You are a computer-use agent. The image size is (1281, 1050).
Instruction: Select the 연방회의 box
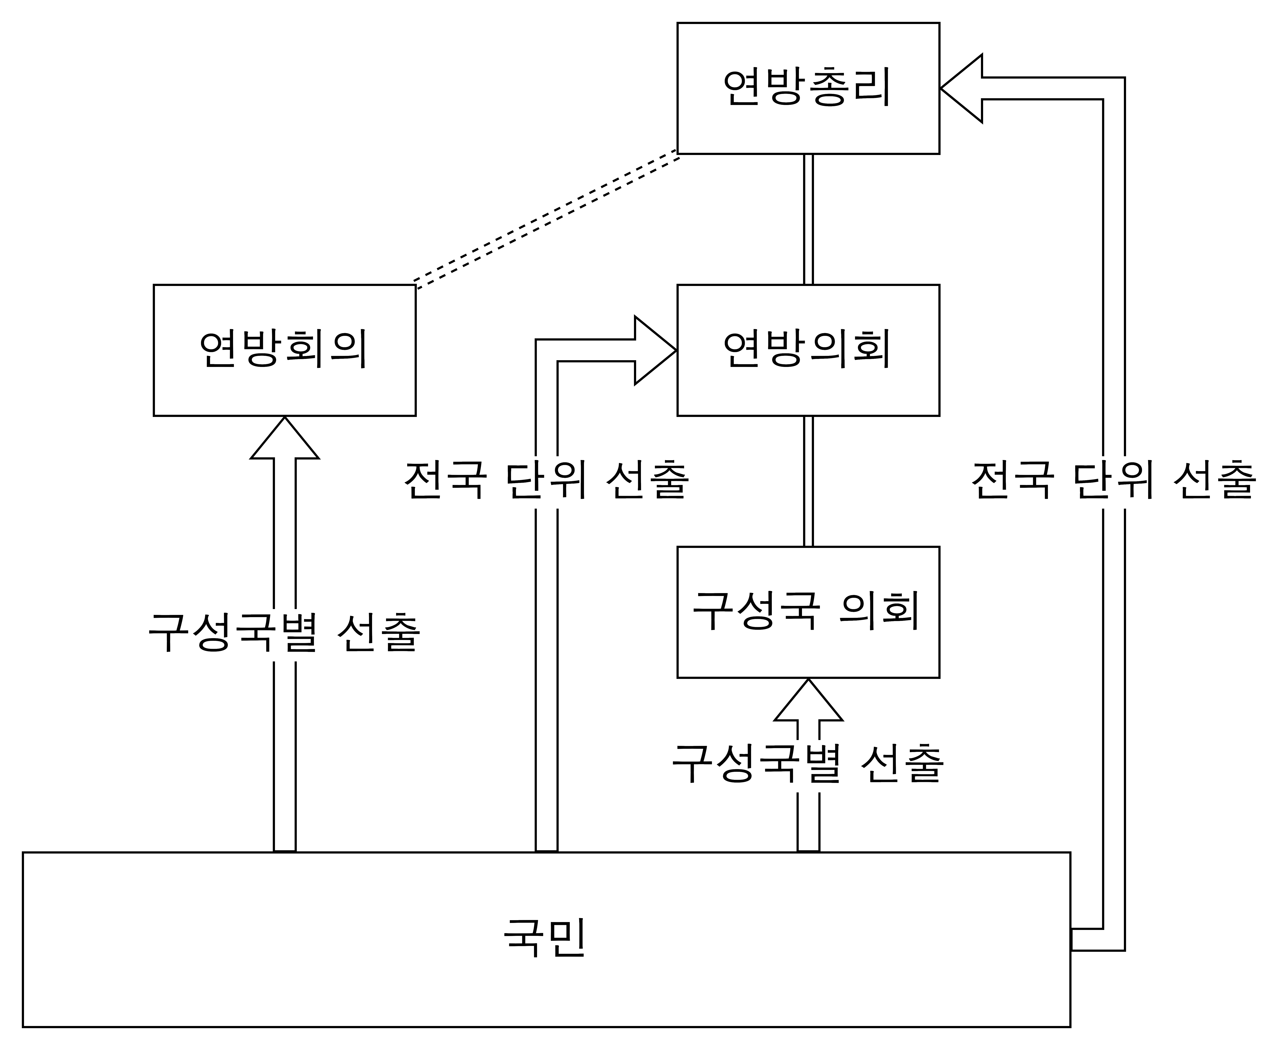[x=285, y=350]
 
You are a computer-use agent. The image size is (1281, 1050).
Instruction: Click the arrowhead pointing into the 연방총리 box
[x=961, y=88]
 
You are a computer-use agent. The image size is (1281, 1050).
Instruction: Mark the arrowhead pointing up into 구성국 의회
[x=808, y=700]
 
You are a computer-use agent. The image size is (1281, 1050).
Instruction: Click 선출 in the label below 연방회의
[x=378, y=633]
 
